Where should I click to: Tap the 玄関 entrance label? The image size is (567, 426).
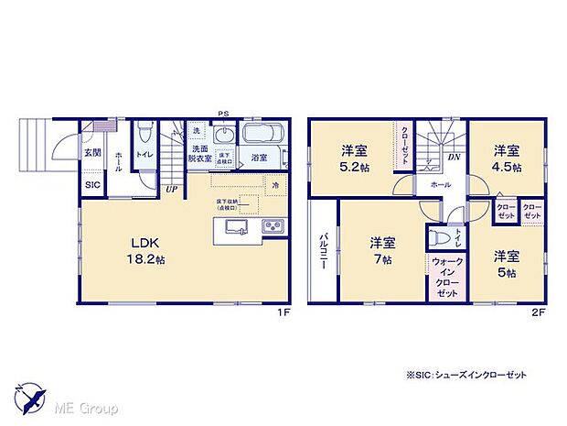pyautogui.click(x=92, y=153)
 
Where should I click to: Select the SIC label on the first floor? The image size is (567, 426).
pyautogui.click(x=92, y=185)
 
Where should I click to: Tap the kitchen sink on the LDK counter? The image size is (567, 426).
pyautogui.click(x=235, y=227)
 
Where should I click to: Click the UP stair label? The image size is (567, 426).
pyautogui.click(x=171, y=190)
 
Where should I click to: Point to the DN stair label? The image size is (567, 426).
pyautogui.click(x=454, y=158)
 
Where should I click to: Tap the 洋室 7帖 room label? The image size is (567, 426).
pyautogui.click(x=382, y=250)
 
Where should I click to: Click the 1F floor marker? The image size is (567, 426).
pyautogui.click(x=283, y=312)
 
